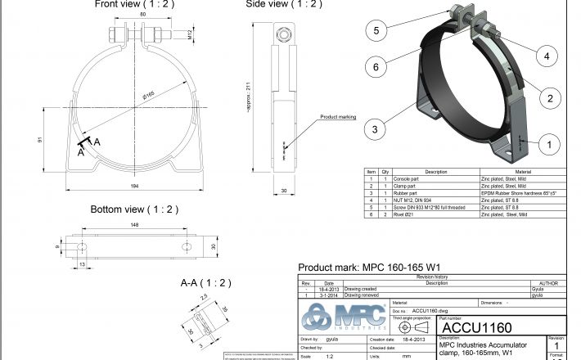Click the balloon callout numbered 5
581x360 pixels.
tap(376, 31)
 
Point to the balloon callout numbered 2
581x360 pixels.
tap(550, 98)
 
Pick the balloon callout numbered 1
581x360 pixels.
tap(549, 143)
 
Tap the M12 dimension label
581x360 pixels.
tap(189, 35)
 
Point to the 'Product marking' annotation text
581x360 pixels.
tap(338, 117)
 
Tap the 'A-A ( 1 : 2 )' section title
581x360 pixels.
tap(205, 283)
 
